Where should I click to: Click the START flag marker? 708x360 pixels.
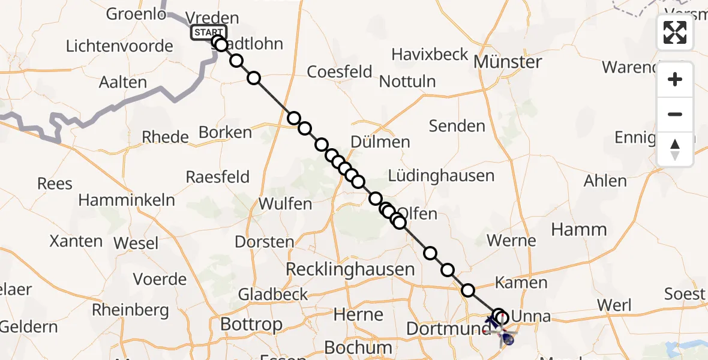click(208, 32)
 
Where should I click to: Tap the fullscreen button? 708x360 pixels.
click(675, 32)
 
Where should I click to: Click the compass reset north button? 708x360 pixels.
click(675, 149)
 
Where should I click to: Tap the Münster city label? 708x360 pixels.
click(508, 62)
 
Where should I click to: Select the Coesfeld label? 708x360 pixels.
click(340, 71)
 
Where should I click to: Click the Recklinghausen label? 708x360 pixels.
click(350, 269)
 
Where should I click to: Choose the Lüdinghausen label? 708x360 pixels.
click(441, 176)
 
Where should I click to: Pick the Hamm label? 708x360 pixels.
click(579, 229)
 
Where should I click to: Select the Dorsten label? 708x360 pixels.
click(264, 242)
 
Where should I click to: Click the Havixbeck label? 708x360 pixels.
click(430, 55)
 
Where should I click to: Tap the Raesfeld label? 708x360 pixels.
click(217, 177)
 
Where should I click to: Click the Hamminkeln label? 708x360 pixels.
click(127, 200)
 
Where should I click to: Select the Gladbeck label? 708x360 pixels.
click(273, 295)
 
